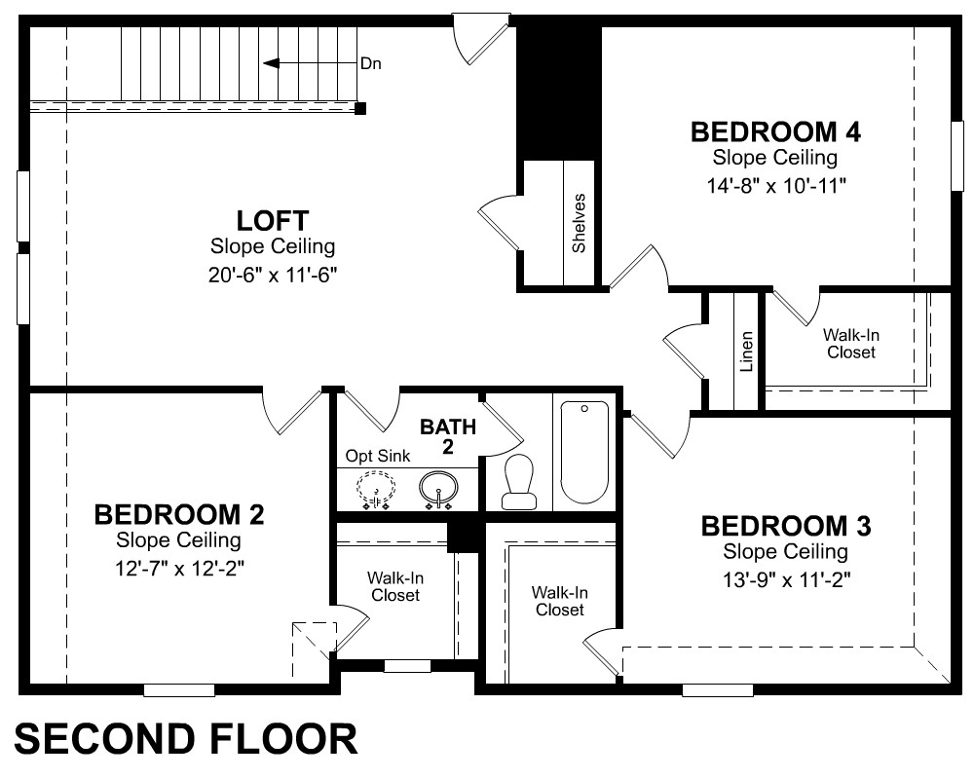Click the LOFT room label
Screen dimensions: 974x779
[272, 221]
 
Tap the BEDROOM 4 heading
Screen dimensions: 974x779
[776, 132]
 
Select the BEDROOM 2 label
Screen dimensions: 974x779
[179, 515]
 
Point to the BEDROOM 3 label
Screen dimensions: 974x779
[786, 526]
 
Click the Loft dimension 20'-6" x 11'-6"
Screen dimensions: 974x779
[272, 275]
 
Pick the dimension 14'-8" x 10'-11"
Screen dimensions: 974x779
[776, 186]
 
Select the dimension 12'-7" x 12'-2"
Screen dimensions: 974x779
[179, 569]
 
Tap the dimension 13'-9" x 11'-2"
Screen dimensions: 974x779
[786, 580]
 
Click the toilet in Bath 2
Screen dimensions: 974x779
[519, 482]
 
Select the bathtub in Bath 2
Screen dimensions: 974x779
[584, 452]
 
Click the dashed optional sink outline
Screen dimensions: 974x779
[375, 488]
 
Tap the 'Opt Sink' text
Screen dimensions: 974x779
[378, 456]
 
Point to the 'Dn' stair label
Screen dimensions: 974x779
[371, 63]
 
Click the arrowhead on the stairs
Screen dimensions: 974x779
[271, 63]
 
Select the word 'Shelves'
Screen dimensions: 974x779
[579, 224]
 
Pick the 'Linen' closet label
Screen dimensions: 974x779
[747, 352]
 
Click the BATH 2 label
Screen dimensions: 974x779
[448, 436]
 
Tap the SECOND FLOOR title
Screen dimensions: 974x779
[186, 739]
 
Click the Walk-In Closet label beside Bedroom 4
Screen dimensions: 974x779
[851, 344]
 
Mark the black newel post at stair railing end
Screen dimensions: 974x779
[360, 109]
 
